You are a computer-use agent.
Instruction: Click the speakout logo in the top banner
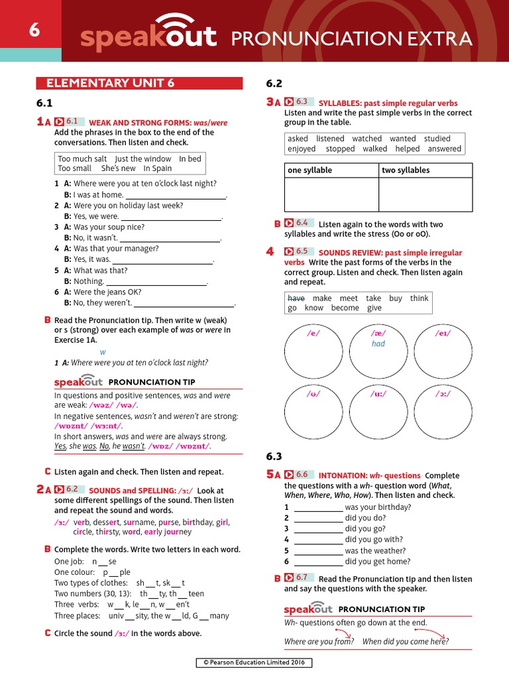(x=148, y=36)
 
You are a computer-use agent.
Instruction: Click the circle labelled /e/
(x=313, y=351)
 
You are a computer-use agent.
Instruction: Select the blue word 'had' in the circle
(x=378, y=344)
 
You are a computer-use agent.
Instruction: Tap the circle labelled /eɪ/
(x=443, y=351)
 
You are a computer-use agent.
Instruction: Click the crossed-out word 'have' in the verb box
(x=296, y=298)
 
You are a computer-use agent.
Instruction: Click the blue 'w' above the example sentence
(x=103, y=352)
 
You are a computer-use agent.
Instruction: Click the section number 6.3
(x=274, y=456)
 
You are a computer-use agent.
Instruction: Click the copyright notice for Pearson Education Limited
(x=254, y=662)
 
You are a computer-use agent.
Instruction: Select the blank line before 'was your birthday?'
(x=318, y=507)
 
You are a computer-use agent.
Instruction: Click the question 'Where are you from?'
(x=319, y=641)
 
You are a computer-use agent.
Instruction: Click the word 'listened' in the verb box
(x=330, y=139)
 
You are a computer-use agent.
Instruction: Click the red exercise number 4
(x=270, y=251)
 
